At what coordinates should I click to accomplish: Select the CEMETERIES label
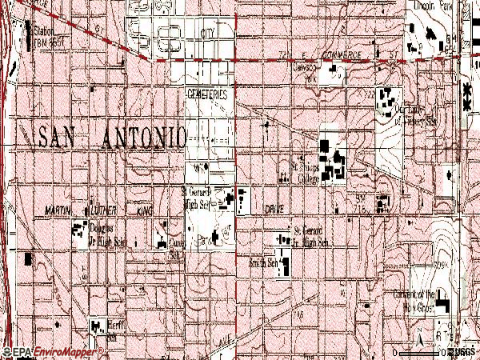[207, 94]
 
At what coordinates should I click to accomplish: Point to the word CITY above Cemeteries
[208, 34]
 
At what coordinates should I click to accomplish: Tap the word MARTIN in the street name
[59, 210]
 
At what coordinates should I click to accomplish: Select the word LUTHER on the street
[110, 210]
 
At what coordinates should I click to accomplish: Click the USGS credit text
[462, 352]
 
